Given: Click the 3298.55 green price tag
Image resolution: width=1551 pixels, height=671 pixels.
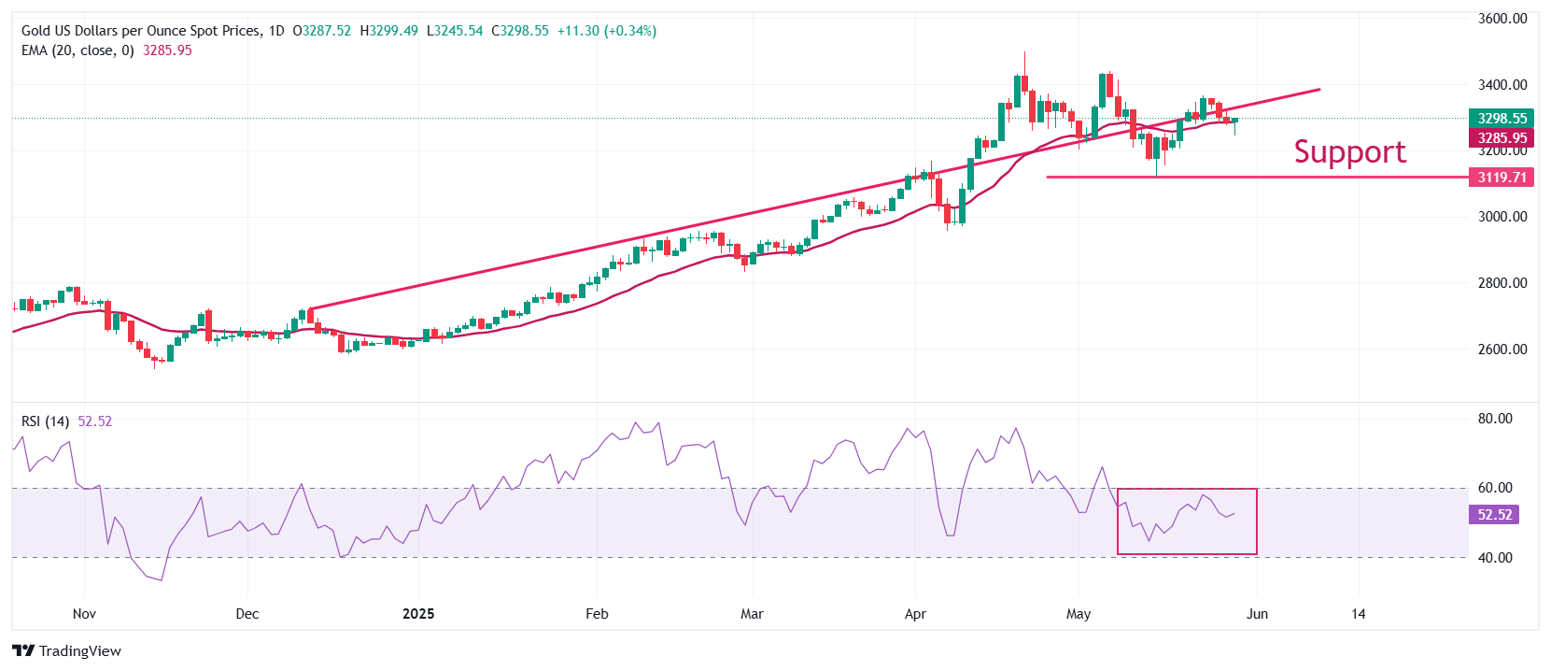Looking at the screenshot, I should (1502, 119).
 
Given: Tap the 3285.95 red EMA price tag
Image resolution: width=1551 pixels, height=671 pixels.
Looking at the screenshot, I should (1502, 138).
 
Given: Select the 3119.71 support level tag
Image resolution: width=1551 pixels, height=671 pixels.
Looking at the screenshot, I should (1502, 178).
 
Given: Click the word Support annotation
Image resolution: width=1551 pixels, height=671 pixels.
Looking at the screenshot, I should (1349, 152).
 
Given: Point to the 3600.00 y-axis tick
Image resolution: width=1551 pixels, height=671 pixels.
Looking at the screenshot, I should (1502, 19).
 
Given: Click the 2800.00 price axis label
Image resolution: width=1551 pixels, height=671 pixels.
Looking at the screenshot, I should (1502, 283).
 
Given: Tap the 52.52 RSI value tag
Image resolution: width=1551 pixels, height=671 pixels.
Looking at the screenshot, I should (1494, 515).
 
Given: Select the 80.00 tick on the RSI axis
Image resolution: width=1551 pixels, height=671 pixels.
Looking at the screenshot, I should (1494, 419).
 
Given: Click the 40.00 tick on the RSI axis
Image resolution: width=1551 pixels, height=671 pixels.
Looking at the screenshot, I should (1494, 558).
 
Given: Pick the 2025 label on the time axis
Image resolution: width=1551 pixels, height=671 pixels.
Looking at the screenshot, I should (418, 614).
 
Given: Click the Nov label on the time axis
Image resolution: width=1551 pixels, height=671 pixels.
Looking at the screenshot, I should (84, 614).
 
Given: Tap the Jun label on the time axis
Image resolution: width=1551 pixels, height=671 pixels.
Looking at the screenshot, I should (1257, 614).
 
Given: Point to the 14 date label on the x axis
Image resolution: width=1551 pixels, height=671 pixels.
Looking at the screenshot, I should (1358, 614).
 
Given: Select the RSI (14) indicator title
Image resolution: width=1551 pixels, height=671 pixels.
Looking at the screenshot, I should (45, 421).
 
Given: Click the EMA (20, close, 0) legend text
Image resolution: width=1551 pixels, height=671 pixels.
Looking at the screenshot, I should (78, 50).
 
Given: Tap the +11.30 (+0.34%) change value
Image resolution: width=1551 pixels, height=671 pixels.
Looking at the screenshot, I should (606, 31).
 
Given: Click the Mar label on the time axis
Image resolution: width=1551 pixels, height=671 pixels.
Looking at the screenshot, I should (752, 614).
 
